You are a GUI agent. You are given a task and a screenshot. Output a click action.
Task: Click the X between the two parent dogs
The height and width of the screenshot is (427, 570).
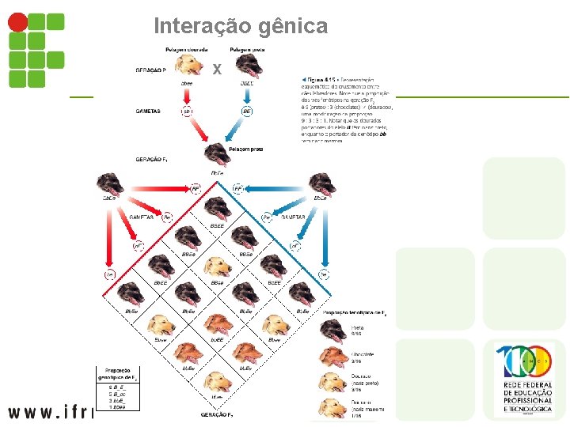(x=217, y=70)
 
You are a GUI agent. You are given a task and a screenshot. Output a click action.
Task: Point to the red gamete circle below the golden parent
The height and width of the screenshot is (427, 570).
(x=188, y=111)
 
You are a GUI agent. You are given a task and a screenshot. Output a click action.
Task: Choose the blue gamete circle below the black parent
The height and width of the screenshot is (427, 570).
(x=246, y=111)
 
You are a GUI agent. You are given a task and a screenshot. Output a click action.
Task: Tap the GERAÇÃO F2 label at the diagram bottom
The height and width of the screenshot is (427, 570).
(x=216, y=414)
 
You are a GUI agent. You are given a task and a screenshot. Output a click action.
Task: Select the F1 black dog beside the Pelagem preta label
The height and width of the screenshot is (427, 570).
(x=215, y=153)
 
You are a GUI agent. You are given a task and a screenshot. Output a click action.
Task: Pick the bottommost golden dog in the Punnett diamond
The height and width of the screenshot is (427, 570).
(x=217, y=382)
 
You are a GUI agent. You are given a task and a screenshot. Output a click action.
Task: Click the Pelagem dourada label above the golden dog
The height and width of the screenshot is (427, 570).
(x=188, y=50)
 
